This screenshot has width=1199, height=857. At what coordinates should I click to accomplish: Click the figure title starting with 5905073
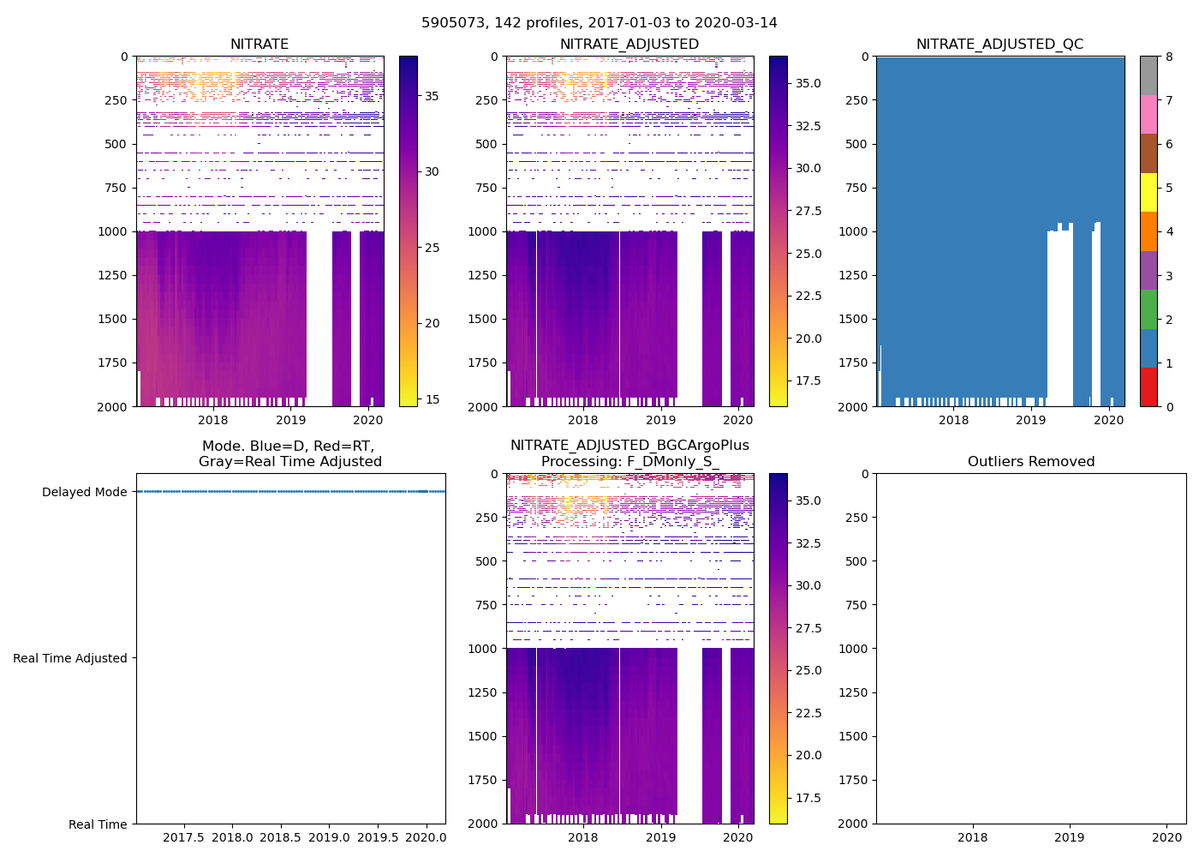tap(599, 23)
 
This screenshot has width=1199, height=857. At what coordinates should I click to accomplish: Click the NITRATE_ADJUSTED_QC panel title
tap(999, 45)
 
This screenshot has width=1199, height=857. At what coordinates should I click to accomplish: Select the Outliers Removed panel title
tap(1031, 462)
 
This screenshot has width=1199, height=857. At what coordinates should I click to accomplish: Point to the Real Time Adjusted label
tap(70, 658)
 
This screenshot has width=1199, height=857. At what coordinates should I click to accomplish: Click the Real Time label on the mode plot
tap(98, 824)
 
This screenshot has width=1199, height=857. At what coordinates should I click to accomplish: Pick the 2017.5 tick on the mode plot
tap(183, 837)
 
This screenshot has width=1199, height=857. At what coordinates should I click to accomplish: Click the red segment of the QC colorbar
tap(1148, 387)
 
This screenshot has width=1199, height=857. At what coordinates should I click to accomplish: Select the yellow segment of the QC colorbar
tap(1148, 193)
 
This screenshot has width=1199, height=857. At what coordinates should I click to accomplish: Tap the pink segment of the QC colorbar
tap(1148, 115)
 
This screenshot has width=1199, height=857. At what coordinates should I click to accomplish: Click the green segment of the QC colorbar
tap(1148, 309)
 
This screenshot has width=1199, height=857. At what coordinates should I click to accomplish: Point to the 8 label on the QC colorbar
tap(1169, 57)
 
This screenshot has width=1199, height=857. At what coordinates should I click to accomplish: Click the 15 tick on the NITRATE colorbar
tap(432, 399)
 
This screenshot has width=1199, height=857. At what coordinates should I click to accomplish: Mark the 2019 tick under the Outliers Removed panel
tap(1069, 837)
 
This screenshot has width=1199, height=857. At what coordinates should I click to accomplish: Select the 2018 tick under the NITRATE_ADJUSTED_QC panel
tap(953, 420)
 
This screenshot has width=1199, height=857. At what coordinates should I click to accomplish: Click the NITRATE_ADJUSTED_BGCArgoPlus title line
tap(629, 446)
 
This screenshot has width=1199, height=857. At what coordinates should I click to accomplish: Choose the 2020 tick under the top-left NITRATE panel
tap(368, 420)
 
